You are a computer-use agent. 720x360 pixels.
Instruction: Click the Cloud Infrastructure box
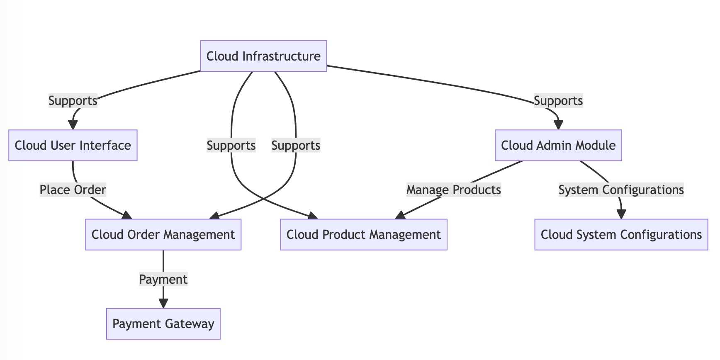click(263, 56)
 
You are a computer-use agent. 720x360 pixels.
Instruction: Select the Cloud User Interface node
click(73, 145)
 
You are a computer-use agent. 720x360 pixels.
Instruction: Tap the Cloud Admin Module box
click(558, 145)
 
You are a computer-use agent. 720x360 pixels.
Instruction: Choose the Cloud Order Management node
click(163, 234)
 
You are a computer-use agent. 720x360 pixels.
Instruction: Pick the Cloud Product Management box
click(364, 234)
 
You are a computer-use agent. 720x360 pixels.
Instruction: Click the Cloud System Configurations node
click(621, 234)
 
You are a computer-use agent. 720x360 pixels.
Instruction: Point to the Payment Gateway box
click(163, 324)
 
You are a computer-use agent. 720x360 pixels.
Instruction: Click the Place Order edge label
click(73, 190)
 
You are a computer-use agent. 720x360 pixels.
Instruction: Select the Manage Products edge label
click(454, 190)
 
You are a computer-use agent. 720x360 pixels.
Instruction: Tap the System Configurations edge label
click(621, 190)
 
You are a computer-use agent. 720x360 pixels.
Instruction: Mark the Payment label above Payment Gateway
click(163, 279)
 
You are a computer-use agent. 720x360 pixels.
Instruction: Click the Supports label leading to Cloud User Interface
click(73, 101)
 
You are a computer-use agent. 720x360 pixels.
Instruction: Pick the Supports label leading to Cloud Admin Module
click(558, 101)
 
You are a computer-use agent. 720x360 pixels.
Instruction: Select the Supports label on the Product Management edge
click(231, 146)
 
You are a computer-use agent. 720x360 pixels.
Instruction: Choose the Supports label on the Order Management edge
click(296, 146)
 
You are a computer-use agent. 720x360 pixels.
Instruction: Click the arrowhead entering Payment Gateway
click(163, 303)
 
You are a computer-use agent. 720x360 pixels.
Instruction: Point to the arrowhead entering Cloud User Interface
click(73, 125)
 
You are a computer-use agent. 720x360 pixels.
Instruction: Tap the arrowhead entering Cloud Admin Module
click(558, 125)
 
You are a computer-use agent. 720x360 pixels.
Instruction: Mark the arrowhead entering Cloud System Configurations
click(621, 214)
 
